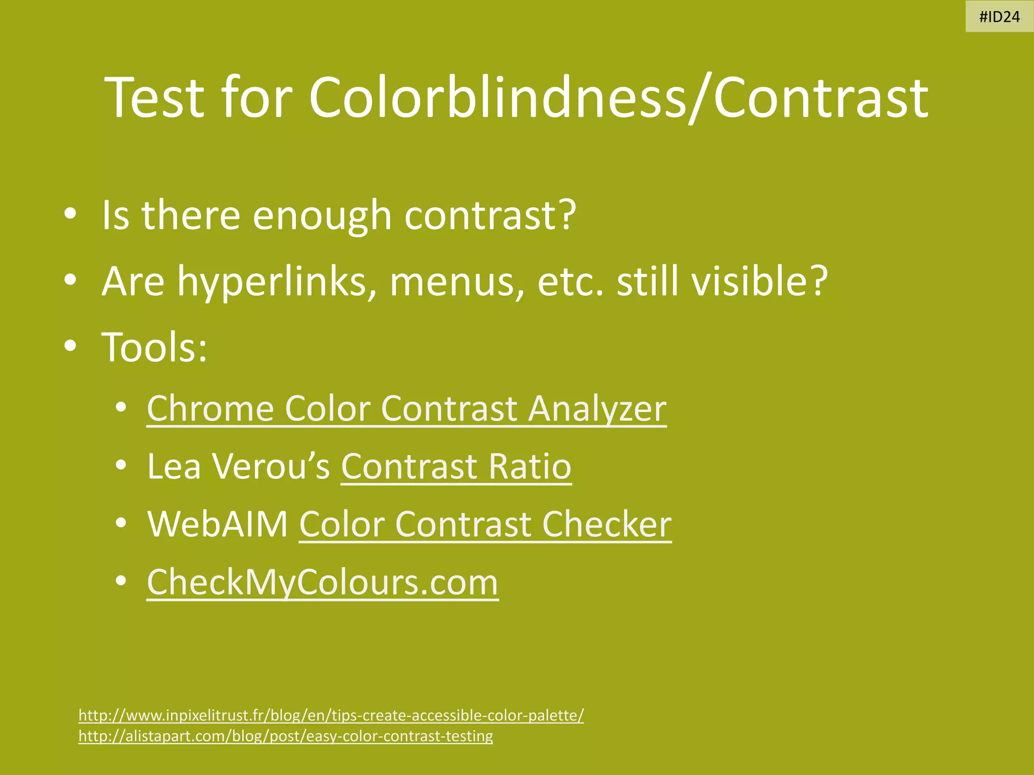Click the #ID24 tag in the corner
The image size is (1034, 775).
tap(999, 17)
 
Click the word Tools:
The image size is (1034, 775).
tap(154, 347)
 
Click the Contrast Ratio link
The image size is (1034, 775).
tap(456, 466)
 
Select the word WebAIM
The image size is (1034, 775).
tap(218, 524)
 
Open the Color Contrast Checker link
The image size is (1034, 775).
tap(485, 524)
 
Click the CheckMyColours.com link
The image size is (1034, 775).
tap(323, 582)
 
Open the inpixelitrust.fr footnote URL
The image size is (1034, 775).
tap(331, 715)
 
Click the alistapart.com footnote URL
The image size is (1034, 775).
tap(286, 736)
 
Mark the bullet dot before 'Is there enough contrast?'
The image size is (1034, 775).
tap(70, 214)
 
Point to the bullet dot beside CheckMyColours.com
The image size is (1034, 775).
tap(120, 581)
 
